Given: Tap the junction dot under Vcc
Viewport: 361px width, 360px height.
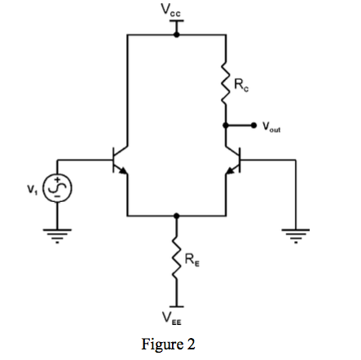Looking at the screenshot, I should (x=176, y=36).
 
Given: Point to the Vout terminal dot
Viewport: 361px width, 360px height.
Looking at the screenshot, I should (x=253, y=126).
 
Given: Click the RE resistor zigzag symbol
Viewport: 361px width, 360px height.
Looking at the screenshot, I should (x=176, y=261).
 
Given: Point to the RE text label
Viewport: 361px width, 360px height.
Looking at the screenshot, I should (x=191, y=261).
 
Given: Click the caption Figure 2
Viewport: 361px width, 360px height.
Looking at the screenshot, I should (x=168, y=344).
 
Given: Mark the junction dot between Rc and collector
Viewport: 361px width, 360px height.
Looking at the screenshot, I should (x=226, y=126).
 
